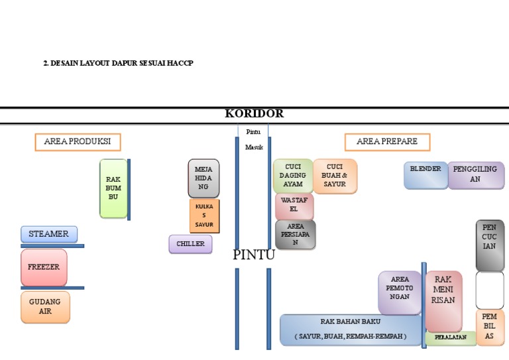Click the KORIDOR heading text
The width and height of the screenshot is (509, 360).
click(x=254, y=113)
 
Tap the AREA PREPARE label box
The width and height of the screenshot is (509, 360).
click(x=386, y=142)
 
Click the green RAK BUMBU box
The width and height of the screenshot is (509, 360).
click(x=113, y=188)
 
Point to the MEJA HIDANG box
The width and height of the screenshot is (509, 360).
click(x=203, y=178)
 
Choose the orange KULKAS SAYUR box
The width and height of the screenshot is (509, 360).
click(x=204, y=216)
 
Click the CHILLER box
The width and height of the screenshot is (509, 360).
click(x=190, y=244)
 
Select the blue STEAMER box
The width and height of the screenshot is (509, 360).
click(x=49, y=234)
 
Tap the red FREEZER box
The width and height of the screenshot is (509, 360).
click(x=44, y=267)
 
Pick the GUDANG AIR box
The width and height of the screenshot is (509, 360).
click(x=45, y=307)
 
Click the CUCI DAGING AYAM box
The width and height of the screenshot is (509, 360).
click(x=293, y=176)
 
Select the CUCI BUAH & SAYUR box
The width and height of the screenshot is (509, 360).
click(x=335, y=176)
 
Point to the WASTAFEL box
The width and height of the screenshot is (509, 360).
click(x=294, y=206)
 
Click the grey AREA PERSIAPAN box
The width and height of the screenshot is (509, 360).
click(x=296, y=235)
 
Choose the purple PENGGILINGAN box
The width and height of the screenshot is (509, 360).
click(x=475, y=175)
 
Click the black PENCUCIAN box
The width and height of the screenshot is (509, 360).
click(x=489, y=245)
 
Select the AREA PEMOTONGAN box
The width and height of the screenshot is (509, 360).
click(x=400, y=292)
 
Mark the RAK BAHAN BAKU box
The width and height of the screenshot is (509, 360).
click(x=351, y=330)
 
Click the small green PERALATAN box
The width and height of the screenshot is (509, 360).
click(x=451, y=337)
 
